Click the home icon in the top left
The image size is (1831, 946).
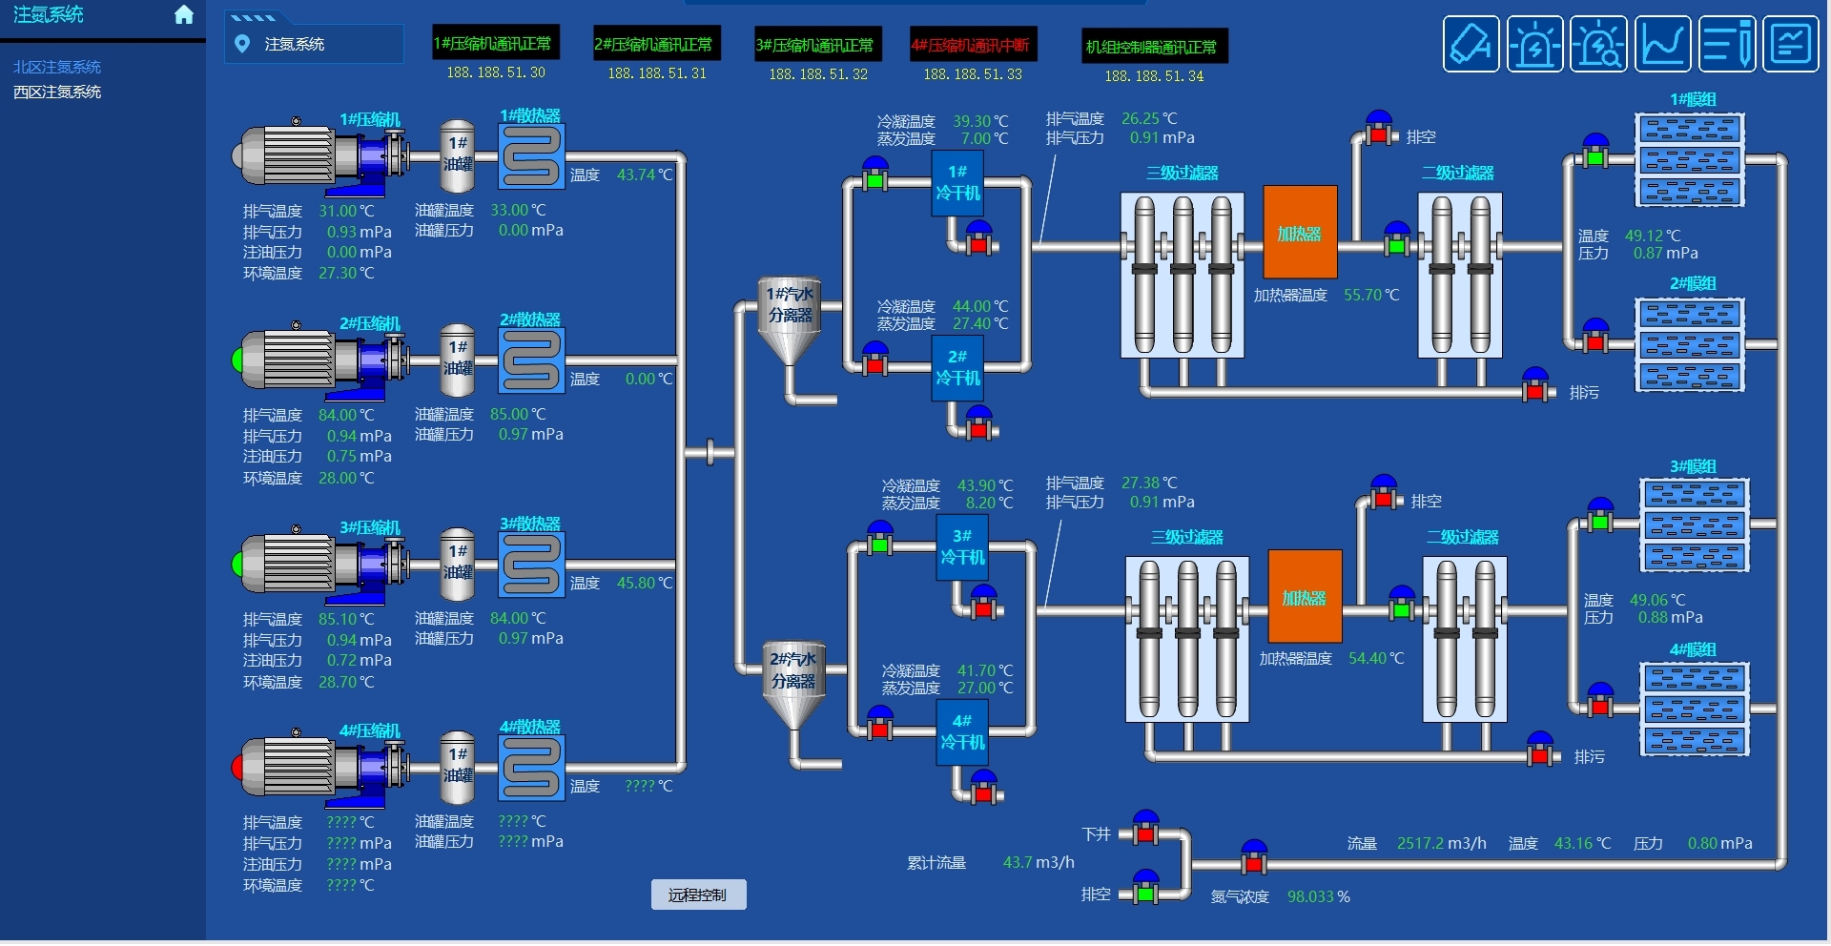[x=184, y=15]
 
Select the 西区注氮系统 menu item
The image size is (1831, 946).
[x=57, y=93]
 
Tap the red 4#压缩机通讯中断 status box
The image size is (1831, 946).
[x=971, y=45]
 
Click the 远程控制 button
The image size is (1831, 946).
[x=698, y=895]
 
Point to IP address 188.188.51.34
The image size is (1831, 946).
[x=1154, y=76]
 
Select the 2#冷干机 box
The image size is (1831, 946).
[x=957, y=368]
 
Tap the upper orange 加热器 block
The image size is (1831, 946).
[x=1300, y=233]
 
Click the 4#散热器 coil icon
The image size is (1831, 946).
[x=531, y=768]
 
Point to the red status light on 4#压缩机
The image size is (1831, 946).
[x=238, y=767]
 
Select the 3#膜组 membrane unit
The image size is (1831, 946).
[x=1695, y=524]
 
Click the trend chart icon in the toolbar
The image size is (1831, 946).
[x=1663, y=44]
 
